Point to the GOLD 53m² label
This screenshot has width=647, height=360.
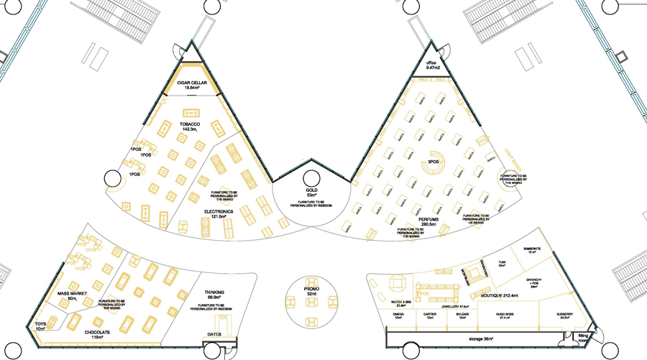311,192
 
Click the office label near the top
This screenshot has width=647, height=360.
431,65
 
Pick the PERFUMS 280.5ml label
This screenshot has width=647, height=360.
433,221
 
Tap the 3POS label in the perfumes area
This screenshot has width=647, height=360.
433,162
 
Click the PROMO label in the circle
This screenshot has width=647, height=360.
311,291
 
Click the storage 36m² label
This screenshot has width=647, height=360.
470,339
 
